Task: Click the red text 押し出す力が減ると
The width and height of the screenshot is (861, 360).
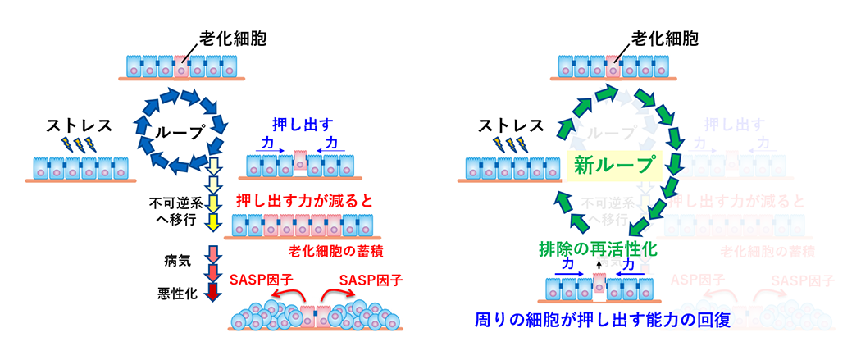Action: (x=306, y=200)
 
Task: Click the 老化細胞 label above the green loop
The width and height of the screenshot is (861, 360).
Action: (x=665, y=39)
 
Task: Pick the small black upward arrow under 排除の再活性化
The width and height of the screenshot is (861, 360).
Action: (x=599, y=265)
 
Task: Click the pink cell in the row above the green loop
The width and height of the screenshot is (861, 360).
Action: (x=612, y=66)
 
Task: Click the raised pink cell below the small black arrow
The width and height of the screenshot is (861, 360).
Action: (x=599, y=286)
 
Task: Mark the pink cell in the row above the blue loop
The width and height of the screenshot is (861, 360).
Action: (x=180, y=66)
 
